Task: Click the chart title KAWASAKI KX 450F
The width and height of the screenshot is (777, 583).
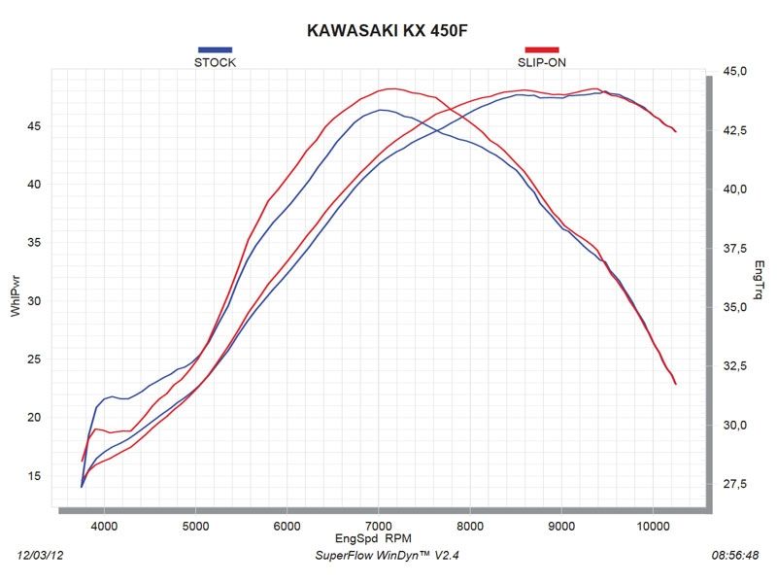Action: click(388, 30)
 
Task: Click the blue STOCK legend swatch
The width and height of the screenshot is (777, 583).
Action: click(215, 49)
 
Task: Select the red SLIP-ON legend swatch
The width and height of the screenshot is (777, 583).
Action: click(542, 49)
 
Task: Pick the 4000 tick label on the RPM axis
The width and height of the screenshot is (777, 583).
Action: click(104, 526)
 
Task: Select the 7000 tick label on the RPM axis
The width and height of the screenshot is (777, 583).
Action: click(378, 526)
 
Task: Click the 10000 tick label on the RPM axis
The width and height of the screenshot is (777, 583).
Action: click(652, 526)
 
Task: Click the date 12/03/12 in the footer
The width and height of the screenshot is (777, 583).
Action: click(42, 555)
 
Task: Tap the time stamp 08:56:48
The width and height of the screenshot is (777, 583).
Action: click(735, 555)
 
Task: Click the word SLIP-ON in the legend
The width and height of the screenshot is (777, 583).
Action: click(542, 62)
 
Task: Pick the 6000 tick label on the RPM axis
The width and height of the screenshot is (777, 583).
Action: click(287, 526)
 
